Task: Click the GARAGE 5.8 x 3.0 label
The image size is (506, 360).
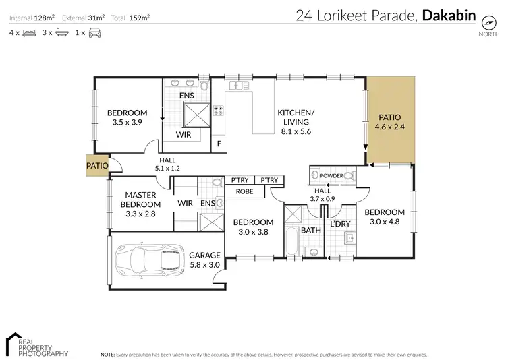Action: click(204, 260)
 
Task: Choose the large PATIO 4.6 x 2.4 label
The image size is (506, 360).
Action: click(391, 121)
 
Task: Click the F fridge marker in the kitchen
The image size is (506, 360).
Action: click(219, 144)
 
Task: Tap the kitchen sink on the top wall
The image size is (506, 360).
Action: click(237, 86)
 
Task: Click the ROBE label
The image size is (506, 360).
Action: click(244, 191)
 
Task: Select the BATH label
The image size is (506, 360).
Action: click(310, 230)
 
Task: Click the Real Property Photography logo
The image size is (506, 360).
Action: click(37, 344)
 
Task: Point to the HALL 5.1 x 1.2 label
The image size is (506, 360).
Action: click(167, 164)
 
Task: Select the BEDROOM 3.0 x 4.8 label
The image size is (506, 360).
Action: click(385, 217)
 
